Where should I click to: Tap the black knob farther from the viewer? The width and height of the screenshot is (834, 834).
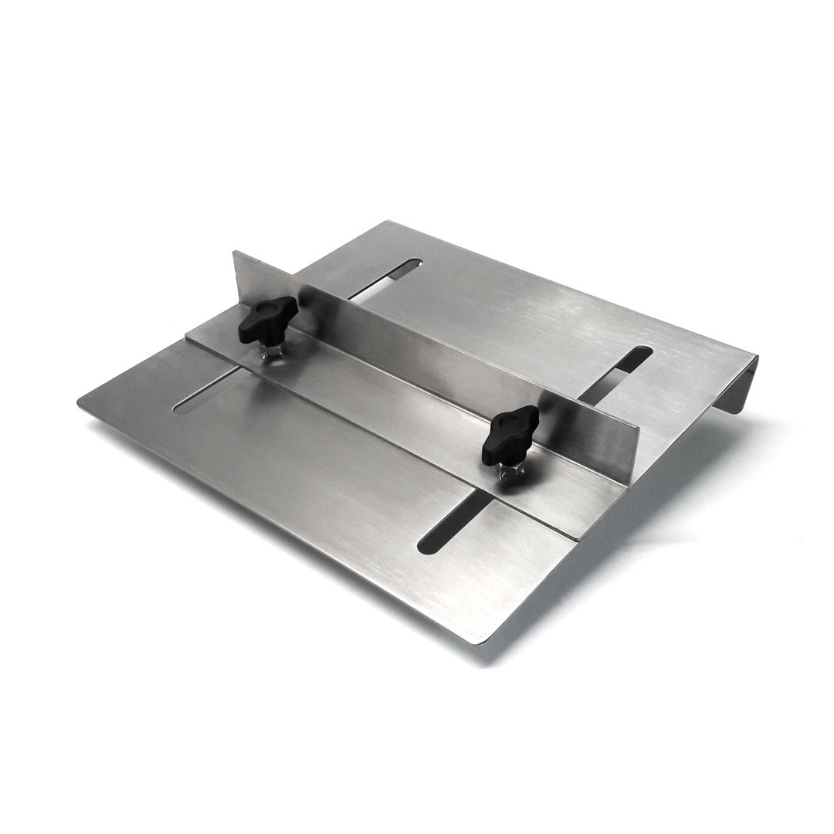(267, 318)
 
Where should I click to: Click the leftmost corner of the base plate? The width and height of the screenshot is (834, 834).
(80, 402)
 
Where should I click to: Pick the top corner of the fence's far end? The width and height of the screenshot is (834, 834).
(234, 253)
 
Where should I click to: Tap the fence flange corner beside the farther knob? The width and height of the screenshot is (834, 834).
(188, 334)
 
